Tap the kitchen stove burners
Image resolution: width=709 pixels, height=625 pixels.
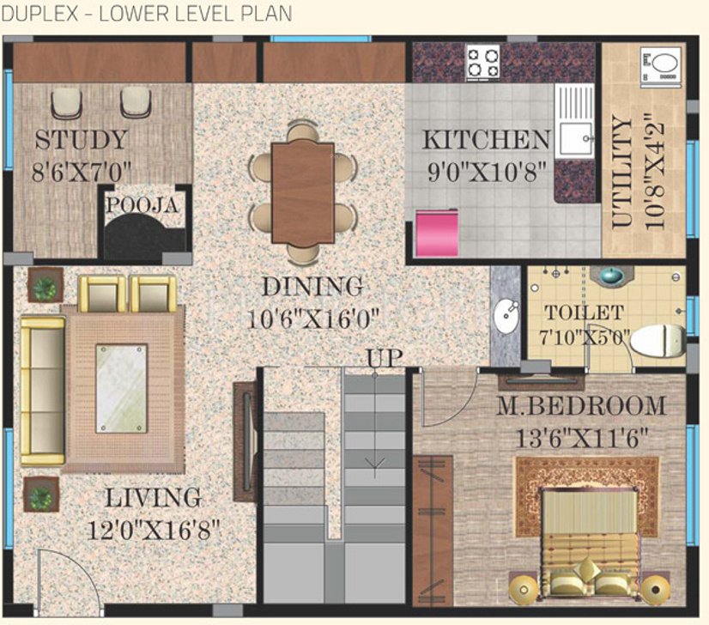(483, 63)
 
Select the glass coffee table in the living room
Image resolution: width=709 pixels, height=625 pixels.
(120, 388)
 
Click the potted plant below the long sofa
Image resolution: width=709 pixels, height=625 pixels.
(40, 495)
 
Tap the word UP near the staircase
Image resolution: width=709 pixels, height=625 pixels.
(384, 358)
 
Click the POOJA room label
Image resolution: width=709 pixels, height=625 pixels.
(142, 206)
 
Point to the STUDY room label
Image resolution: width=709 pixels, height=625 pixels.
(81, 139)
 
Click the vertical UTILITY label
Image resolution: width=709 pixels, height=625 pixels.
(623, 173)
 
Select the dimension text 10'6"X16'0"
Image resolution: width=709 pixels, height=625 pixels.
(314, 319)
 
